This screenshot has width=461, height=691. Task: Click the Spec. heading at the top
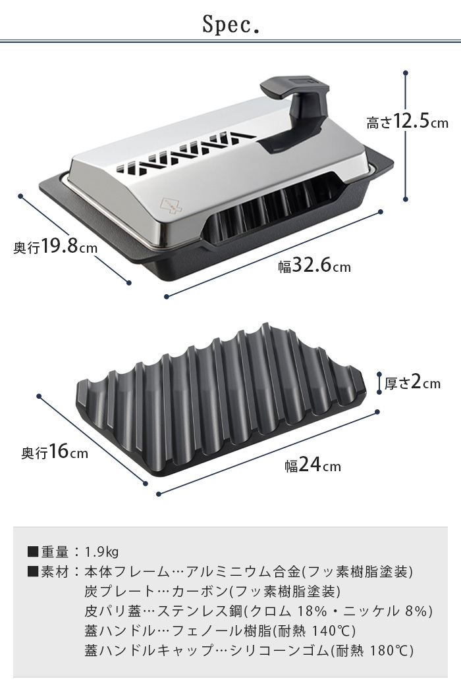[x=230, y=25]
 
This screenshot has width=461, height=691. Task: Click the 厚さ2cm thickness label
[x=412, y=382]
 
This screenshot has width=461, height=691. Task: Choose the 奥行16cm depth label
[x=55, y=451]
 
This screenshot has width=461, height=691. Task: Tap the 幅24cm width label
[x=312, y=465]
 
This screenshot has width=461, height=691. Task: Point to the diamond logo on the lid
[x=171, y=204]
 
